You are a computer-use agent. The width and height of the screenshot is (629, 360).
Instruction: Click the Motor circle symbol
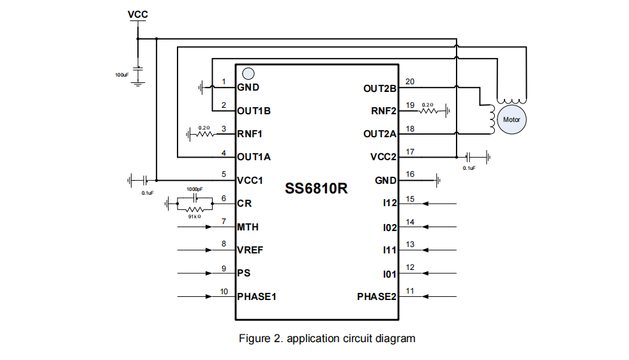(x=512, y=119)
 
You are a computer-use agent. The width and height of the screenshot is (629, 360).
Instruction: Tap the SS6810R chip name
(x=316, y=190)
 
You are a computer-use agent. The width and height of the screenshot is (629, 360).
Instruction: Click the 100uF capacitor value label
(x=121, y=75)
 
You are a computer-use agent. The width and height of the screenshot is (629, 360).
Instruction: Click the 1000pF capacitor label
(x=195, y=190)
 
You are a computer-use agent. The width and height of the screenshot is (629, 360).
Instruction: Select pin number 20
(x=410, y=82)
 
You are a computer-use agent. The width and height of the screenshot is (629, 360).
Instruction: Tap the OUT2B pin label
(x=380, y=88)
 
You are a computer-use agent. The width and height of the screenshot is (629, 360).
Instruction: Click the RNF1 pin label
(x=250, y=134)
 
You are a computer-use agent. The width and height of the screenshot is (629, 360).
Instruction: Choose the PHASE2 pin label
(x=377, y=297)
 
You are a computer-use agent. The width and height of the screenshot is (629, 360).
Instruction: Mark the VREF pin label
(x=249, y=250)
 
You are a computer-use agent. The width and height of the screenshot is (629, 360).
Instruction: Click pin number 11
(x=410, y=291)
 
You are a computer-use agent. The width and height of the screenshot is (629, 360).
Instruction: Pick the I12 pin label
(x=390, y=204)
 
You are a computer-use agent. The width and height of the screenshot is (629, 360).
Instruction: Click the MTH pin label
(x=248, y=227)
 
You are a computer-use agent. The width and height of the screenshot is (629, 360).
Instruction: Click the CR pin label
(x=244, y=204)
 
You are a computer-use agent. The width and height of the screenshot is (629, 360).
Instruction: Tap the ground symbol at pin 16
(x=439, y=181)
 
